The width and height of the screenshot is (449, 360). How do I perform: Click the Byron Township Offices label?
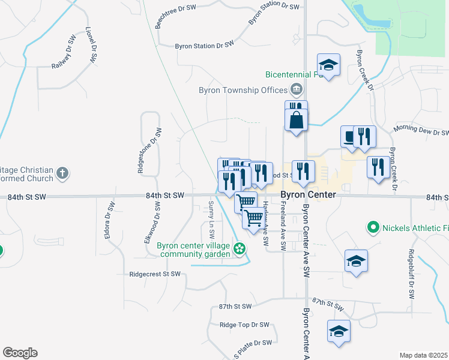tap(244, 91)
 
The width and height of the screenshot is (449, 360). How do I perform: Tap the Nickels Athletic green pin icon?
tap(373, 227)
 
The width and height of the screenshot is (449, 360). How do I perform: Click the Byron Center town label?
tap(309, 196)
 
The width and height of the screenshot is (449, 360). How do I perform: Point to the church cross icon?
tap(62, 173)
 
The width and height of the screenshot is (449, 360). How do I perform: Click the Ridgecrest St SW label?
tap(155, 274)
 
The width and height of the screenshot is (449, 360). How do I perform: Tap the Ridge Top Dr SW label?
tap(244, 325)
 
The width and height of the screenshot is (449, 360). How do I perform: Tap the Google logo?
tap(20, 353)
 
